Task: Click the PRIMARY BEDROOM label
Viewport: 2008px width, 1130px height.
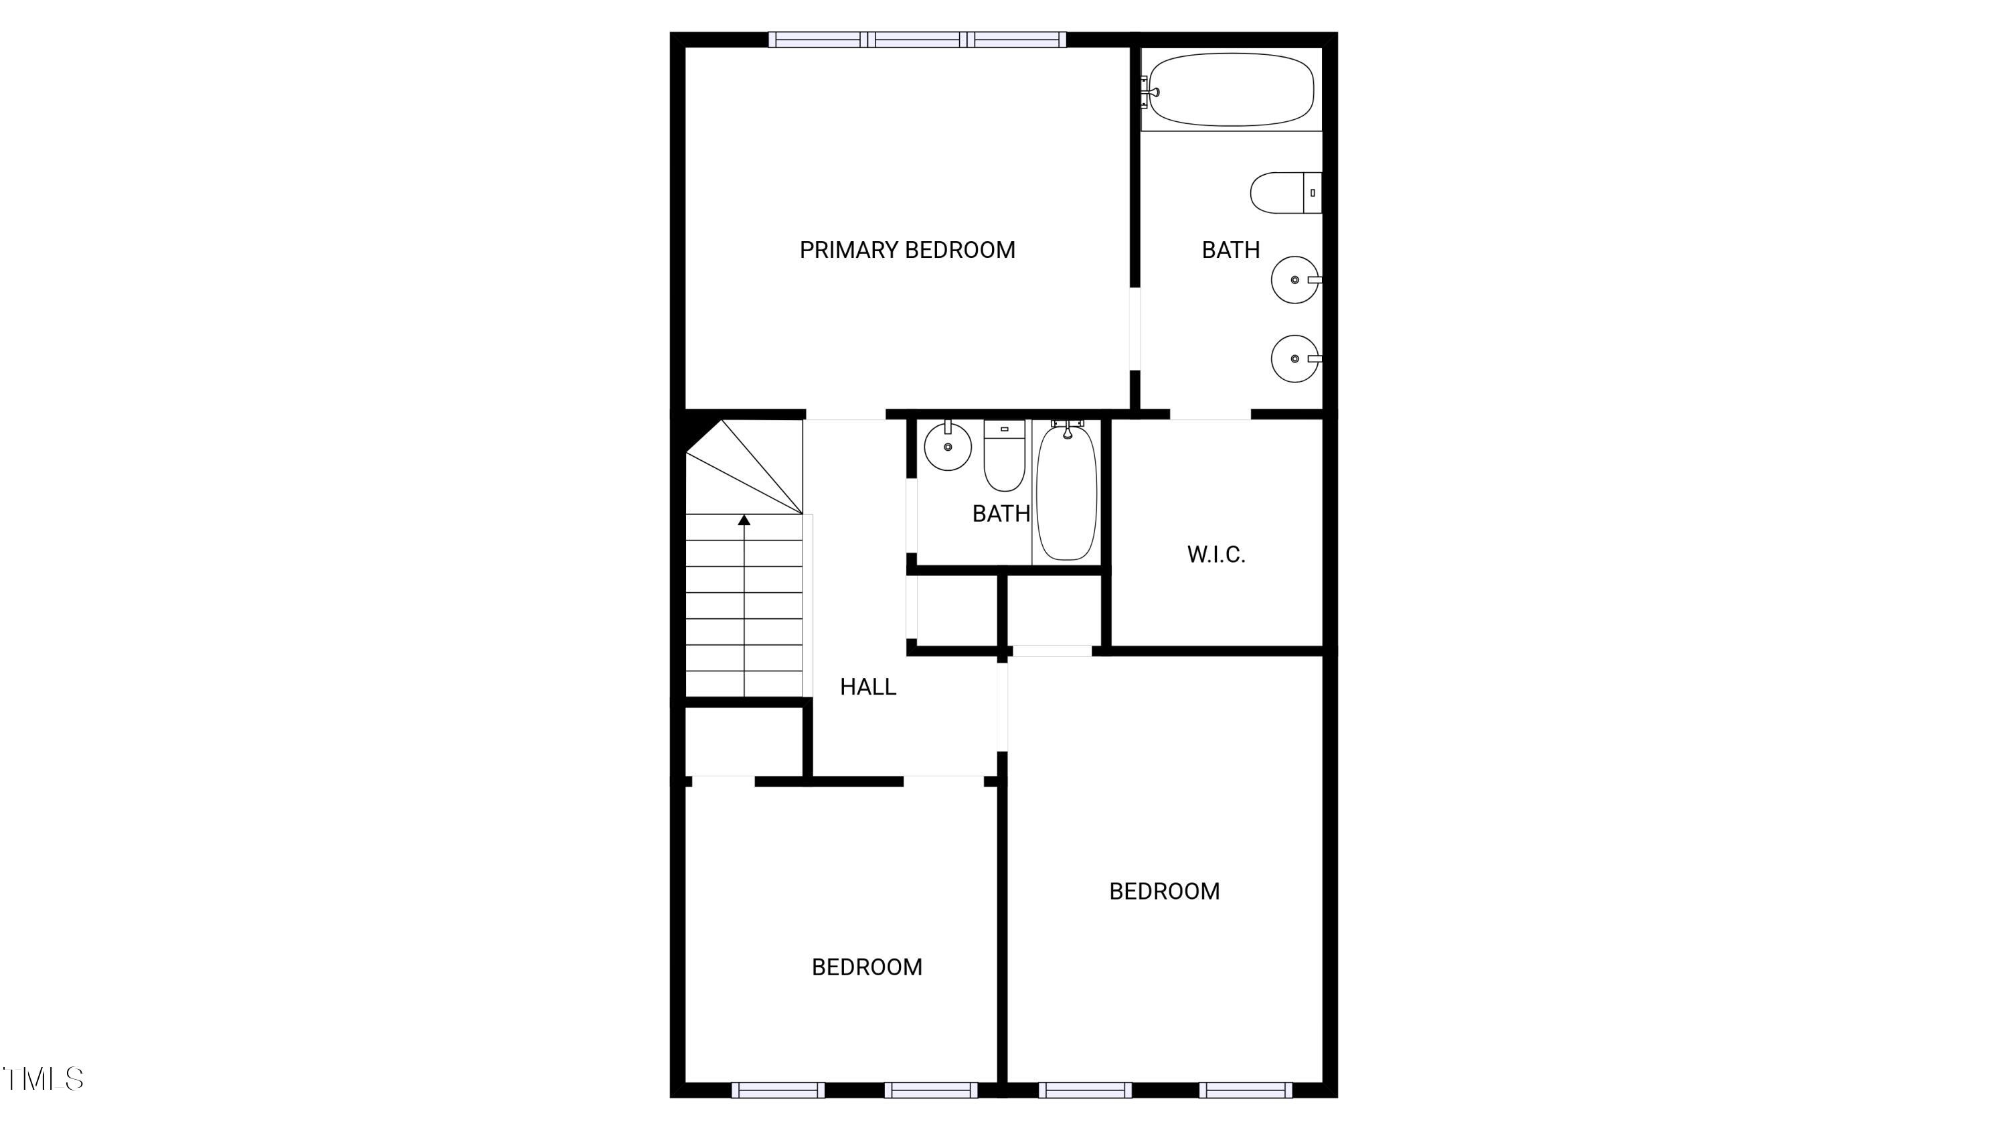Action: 908,250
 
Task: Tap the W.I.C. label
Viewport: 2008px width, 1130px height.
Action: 1216,555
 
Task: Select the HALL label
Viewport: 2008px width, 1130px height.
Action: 867,687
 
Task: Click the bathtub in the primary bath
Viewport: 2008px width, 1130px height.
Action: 1231,89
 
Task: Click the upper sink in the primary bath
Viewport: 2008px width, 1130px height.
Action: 1294,279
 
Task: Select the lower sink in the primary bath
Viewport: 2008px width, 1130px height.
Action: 1294,359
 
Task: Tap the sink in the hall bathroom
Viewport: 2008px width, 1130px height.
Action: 948,446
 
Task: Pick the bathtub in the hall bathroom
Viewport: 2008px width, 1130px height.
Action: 1066,491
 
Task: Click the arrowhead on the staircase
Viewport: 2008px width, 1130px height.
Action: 744,519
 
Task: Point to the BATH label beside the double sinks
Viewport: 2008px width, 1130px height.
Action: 1230,250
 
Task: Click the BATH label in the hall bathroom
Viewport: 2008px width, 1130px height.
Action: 1001,513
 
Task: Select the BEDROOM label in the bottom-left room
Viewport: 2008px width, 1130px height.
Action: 867,967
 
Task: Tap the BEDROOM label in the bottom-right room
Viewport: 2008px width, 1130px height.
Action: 1164,892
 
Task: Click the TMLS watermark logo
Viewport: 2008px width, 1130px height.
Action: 44,1079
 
